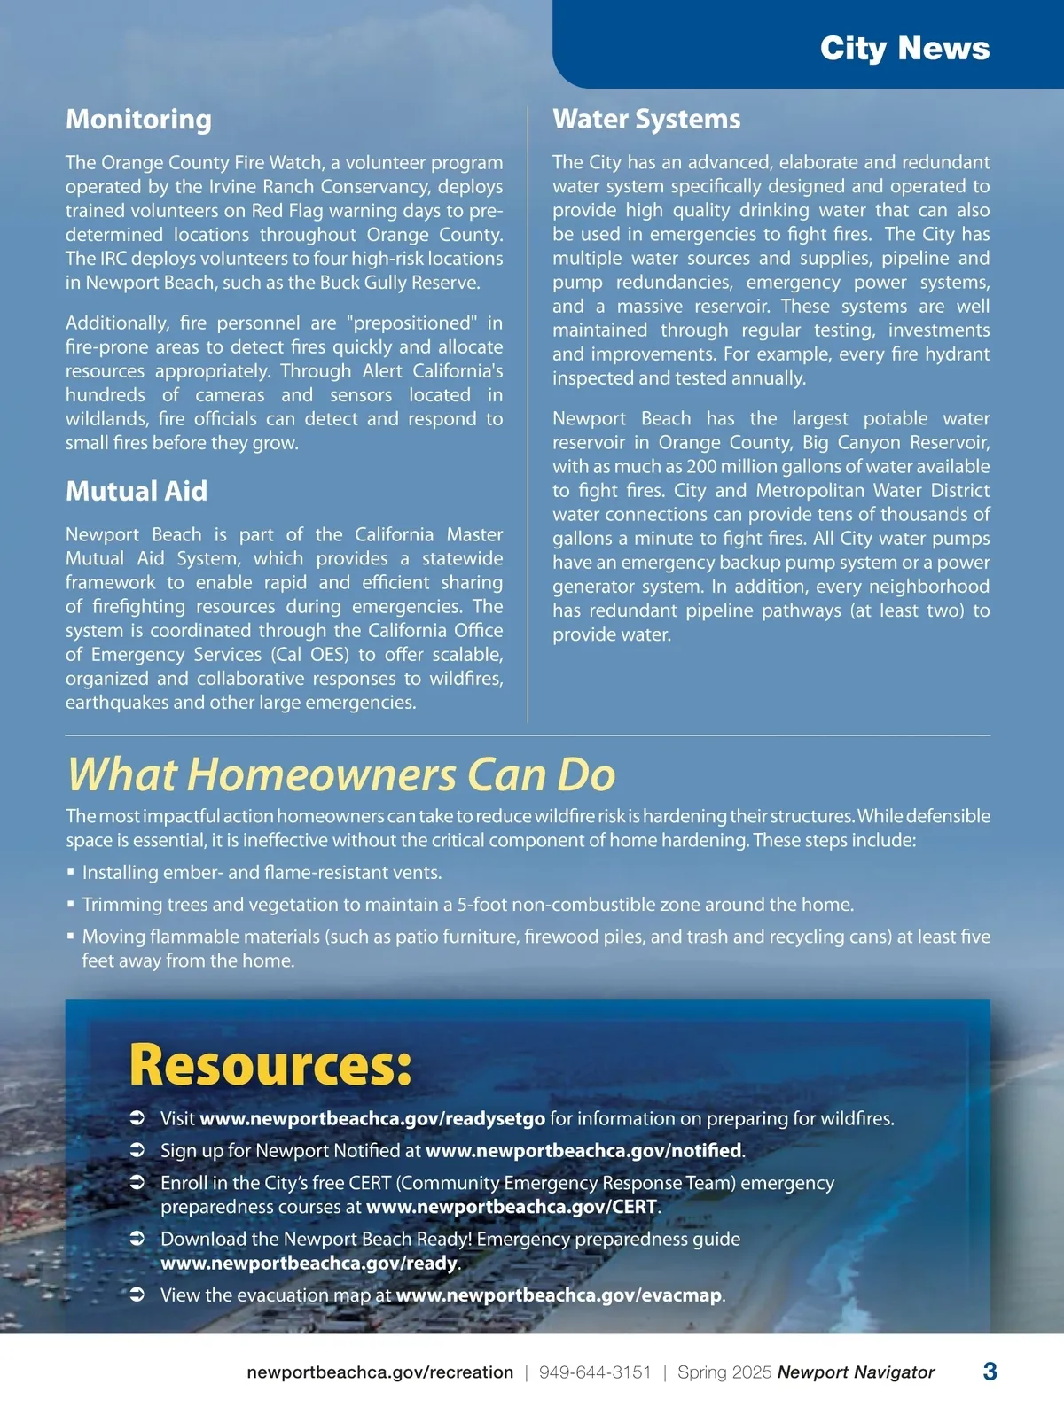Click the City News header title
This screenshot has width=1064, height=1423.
904,48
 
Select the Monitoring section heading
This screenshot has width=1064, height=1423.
138,120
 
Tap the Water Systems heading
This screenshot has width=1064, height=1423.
646,120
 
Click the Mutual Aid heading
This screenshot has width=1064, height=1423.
137,491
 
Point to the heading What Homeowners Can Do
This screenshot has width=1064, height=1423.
341,774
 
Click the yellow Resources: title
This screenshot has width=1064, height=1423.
270,1065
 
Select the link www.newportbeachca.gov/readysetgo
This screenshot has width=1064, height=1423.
372,1119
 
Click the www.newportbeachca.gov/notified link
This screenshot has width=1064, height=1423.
583,1151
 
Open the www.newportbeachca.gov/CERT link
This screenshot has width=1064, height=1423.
512,1208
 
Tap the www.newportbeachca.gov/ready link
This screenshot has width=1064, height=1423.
309,1264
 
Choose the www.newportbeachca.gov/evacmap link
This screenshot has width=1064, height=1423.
559,1295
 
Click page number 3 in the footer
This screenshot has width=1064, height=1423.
990,1372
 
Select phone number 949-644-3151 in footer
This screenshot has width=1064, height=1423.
595,1372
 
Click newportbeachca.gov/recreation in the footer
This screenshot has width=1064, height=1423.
379,1372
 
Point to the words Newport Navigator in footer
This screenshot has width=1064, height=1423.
856,1372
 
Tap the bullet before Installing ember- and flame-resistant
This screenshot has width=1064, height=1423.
71,873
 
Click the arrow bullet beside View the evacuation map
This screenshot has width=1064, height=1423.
137,1295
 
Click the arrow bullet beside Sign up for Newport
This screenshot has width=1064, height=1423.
137,1151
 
